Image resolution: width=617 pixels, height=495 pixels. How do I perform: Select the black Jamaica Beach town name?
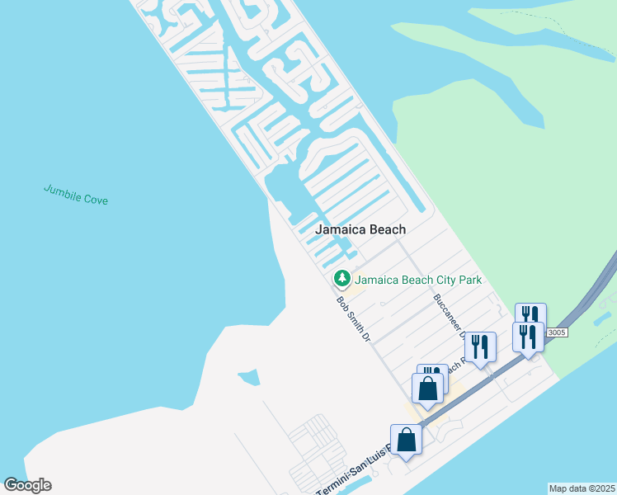[x=361, y=229]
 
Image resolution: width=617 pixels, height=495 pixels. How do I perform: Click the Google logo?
[x=27, y=485]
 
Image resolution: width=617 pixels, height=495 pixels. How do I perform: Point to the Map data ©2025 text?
[x=582, y=488]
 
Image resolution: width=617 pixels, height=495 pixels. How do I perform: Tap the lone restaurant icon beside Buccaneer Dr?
[x=480, y=347]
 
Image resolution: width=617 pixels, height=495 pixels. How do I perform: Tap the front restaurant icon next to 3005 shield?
[x=528, y=336]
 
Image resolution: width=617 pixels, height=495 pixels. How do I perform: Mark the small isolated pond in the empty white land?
[x=249, y=379]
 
